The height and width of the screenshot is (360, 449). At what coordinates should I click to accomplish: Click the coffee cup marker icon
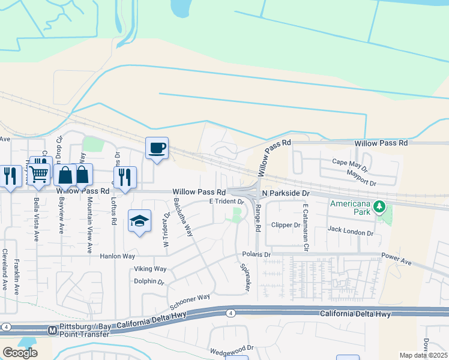(x=157, y=148)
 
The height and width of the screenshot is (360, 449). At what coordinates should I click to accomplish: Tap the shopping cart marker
(x=40, y=174)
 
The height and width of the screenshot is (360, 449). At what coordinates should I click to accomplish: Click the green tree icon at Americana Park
(x=379, y=207)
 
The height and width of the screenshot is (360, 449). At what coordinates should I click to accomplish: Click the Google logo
(x=20, y=352)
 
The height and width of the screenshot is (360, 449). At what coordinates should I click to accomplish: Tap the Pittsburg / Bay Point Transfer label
(x=84, y=329)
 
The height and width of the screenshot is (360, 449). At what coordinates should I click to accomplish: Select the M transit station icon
(x=52, y=330)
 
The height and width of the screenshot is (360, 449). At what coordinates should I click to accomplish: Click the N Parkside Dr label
(x=285, y=194)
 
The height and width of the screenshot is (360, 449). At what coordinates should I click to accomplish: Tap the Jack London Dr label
(x=351, y=230)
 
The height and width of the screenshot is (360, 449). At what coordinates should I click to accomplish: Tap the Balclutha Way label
(x=183, y=217)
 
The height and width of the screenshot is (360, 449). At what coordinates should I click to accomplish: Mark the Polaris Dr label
(x=257, y=254)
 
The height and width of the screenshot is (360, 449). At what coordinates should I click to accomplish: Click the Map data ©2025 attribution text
(x=423, y=355)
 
